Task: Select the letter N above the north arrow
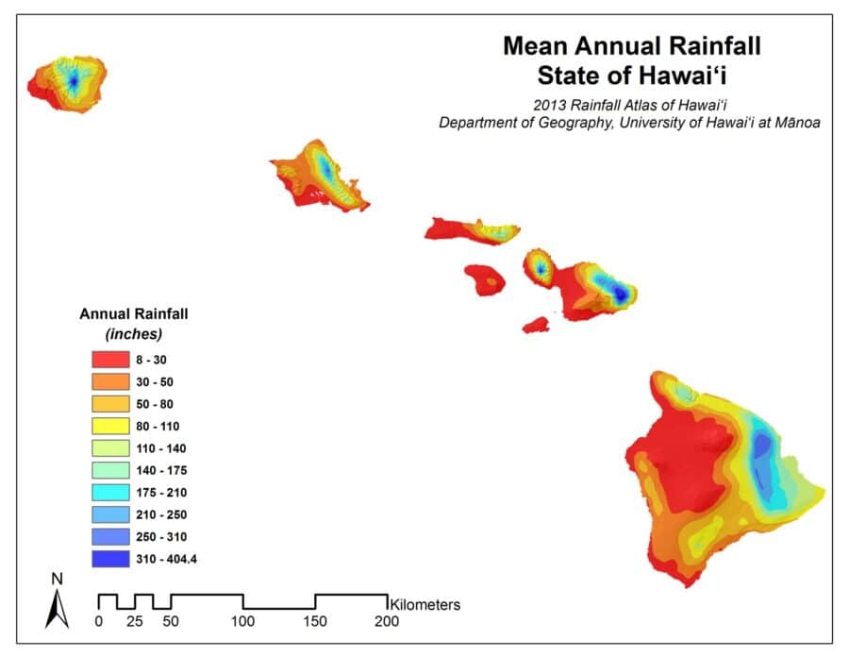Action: click(58, 578)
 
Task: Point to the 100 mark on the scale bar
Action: click(243, 621)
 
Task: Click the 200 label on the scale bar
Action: click(387, 621)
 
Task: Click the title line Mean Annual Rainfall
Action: click(631, 44)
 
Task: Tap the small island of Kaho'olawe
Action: click(536, 325)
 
